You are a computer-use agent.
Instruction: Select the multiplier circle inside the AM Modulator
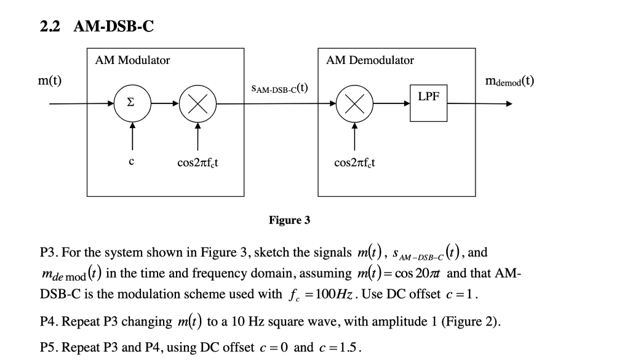(x=197, y=104)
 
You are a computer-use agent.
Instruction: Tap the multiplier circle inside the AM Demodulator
(x=354, y=104)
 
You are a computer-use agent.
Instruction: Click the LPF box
(x=428, y=103)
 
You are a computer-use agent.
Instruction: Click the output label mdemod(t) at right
(x=509, y=81)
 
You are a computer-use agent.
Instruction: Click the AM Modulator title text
(x=132, y=60)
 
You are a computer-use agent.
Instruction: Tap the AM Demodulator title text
(x=370, y=60)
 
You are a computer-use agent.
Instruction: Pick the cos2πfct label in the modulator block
(x=197, y=163)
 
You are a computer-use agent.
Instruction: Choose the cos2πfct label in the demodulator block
(x=355, y=163)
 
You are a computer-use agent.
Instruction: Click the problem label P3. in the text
(x=49, y=253)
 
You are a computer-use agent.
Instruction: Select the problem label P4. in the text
(x=49, y=321)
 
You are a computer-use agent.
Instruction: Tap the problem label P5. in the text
(x=49, y=347)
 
